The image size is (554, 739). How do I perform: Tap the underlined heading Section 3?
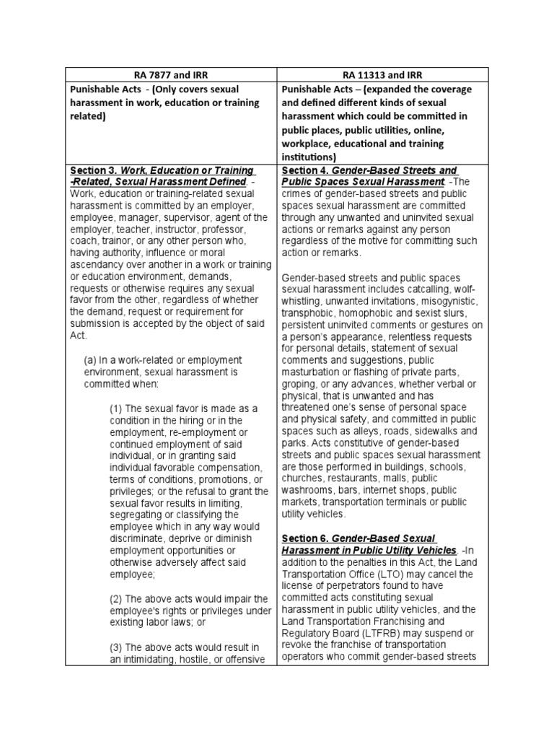pos(90,170)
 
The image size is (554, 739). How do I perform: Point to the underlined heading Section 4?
pos(303,170)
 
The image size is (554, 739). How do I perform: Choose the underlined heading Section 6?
pos(303,538)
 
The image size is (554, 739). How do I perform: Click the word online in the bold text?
pos(452,130)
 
